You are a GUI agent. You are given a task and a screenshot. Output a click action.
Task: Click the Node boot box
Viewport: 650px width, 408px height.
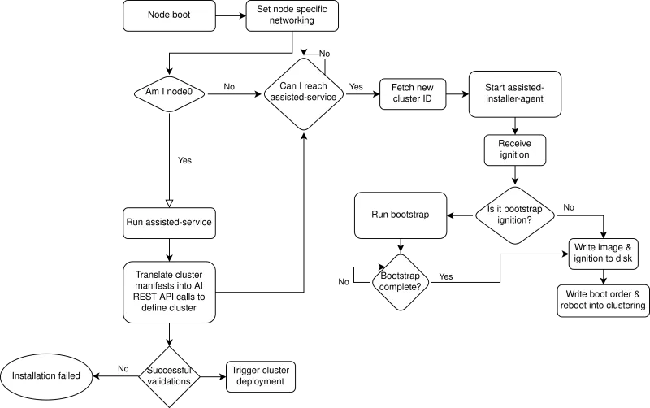[170, 15]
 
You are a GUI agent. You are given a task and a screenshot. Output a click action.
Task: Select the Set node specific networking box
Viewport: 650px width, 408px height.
[291, 15]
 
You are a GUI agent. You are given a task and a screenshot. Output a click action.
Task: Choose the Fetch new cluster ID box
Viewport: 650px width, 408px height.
[414, 93]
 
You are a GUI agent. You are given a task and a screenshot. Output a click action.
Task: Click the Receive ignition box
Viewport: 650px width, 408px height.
[513, 149]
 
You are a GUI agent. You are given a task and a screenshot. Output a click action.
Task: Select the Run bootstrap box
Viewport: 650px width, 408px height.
[400, 215]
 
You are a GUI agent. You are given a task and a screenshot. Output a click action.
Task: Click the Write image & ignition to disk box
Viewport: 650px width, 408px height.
[603, 253]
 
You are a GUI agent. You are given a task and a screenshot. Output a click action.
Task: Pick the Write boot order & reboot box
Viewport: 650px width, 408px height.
[603, 299]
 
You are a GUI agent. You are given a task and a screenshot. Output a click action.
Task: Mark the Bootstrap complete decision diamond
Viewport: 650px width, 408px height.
[400, 281]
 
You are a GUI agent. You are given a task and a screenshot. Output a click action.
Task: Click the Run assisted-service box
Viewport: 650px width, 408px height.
[170, 221]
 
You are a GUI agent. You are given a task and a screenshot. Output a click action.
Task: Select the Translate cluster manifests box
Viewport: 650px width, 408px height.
[170, 291]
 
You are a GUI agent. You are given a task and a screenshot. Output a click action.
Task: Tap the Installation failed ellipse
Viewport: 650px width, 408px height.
[45, 376]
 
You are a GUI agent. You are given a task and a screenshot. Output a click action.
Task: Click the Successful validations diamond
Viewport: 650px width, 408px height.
[169, 375]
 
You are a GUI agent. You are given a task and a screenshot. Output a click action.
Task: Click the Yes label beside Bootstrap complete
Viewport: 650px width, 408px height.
[446, 276]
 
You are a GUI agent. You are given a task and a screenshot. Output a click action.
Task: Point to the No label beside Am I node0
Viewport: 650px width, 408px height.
[230, 86]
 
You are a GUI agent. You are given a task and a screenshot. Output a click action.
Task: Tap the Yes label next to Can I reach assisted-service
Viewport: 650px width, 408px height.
[356, 86]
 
